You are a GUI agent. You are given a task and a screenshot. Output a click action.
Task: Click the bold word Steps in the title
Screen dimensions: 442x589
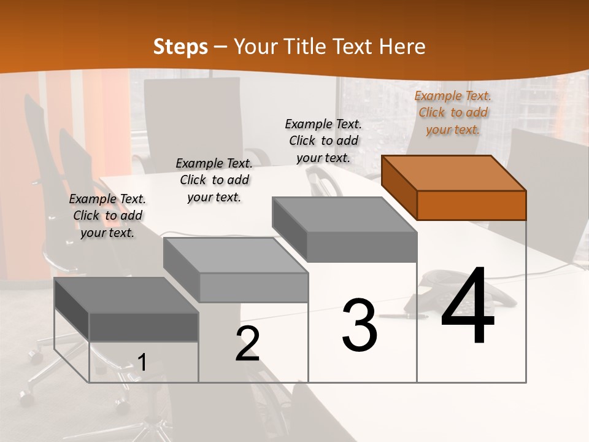[180, 47]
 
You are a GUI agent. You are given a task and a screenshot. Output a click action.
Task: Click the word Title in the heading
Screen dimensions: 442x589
[307, 47]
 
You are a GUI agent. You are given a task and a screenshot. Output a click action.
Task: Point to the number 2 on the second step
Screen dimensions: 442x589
[247, 344]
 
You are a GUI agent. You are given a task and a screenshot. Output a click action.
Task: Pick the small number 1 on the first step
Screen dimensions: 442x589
[142, 362]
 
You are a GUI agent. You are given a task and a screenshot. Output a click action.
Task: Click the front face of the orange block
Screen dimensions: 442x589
[471, 205]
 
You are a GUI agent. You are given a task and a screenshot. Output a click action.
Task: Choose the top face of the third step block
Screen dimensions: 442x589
[344, 215]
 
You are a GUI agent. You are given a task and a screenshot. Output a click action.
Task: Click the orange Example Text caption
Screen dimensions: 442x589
[453, 112]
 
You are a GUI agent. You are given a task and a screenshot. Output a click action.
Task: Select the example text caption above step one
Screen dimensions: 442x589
[107, 215]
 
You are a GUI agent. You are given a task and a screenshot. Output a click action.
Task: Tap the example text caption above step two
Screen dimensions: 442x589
[214, 180]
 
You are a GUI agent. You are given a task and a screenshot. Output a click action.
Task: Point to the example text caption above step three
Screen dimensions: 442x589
[323, 141]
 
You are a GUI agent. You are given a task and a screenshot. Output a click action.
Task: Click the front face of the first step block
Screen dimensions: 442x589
[144, 327]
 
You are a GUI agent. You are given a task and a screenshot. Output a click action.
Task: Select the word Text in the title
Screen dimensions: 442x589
[353, 47]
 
